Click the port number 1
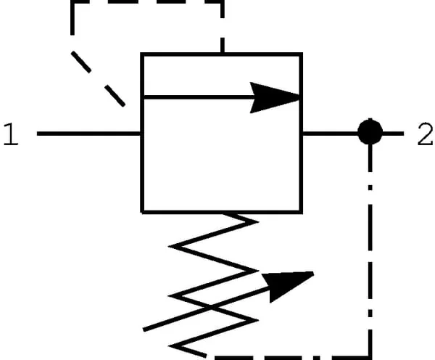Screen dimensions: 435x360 tap(11, 134)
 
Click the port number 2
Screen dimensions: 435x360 tap(425, 134)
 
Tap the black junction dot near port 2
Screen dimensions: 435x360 tap(370, 132)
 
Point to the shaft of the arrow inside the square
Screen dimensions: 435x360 tap(199, 97)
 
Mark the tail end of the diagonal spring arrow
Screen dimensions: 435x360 tap(144, 330)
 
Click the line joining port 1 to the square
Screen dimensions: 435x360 tap(88, 134)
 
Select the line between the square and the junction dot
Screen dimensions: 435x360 tap(330, 134)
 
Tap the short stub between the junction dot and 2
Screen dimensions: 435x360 tap(393, 134)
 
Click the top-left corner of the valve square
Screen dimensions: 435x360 tap(142, 54)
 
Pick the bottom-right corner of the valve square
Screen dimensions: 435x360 tap(301, 212)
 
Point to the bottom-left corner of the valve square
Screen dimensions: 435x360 tap(142, 212)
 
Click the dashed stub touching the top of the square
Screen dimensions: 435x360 tap(223, 45)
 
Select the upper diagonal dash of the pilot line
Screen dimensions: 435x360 tap(81, 62)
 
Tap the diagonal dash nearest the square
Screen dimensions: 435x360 tap(115, 96)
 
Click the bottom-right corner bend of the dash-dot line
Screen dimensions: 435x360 tap(370, 358)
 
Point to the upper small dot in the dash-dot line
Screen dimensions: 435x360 tap(370, 188)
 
